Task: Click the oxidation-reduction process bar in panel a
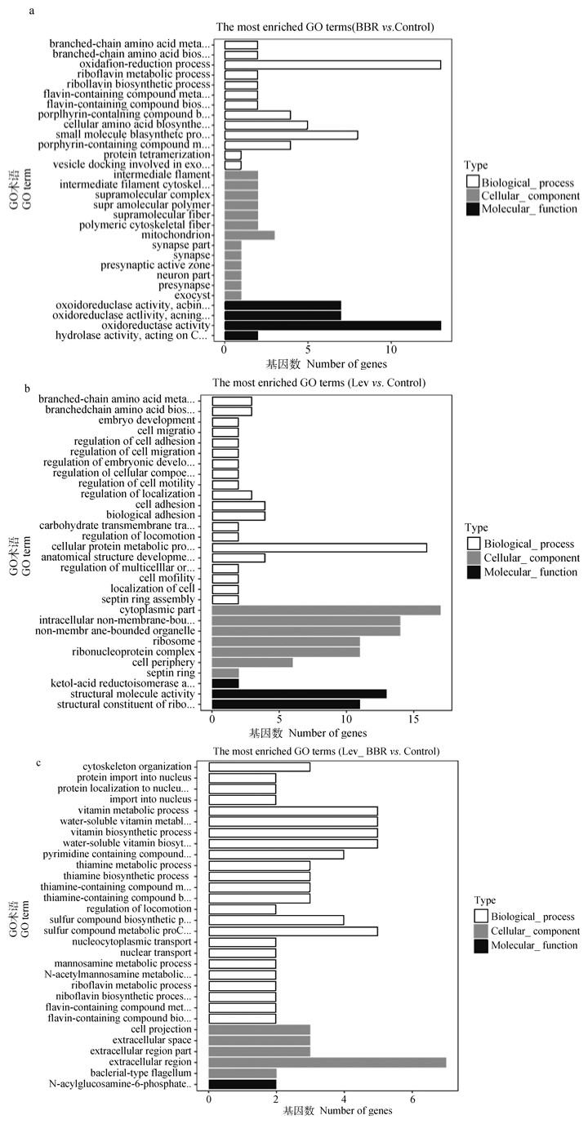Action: coord(332,64)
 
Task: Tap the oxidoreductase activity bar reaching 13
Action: coord(332,325)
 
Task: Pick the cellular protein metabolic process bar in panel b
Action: coord(319,546)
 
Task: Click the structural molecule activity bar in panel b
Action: coord(299,693)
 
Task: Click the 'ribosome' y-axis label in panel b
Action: coord(176,642)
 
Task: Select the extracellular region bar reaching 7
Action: coord(327,1061)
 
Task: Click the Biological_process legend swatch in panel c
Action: coord(481,917)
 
